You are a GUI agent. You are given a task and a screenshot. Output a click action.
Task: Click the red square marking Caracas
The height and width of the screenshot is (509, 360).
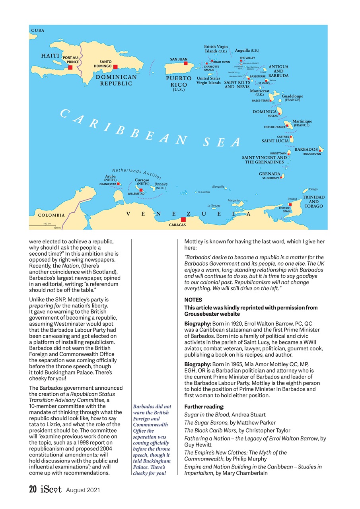pyautogui.click(x=183, y=219)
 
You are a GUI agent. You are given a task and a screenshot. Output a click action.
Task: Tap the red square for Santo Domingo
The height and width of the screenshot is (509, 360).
pyautogui.click(x=115, y=67)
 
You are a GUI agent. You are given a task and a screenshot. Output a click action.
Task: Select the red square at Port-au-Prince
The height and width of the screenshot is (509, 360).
pyautogui.click(x=70, y=68)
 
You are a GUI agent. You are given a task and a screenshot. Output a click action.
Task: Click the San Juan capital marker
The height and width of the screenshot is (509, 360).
pyautogui.click(x=185, y=63)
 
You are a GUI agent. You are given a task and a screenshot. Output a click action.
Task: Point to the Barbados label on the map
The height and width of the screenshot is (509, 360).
pyautogui.click(x=306, y=149)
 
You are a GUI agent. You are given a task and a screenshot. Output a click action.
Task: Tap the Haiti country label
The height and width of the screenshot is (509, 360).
pyautogui.click(x=50, y=56)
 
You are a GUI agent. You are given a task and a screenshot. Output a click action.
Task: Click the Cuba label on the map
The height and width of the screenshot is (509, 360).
pyautogui.click(x=38, y=30)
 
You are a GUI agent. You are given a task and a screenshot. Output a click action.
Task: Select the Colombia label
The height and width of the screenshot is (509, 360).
pyautogui.click(x=51, y=215)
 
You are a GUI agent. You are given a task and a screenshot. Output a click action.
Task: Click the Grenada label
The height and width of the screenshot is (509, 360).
pyautogui.click(x=269, y=174)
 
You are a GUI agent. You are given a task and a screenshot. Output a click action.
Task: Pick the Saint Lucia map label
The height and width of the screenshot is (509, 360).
pyautogui.click(x=275, y=141)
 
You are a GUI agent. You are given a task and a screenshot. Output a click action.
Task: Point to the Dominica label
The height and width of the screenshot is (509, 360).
pyautogui.click(x=265, y=112)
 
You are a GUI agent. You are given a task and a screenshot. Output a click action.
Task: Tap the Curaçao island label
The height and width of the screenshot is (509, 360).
pyautogui.click(x=142, y=180)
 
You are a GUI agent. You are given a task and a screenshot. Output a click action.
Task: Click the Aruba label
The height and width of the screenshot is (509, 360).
pyautogui.click(x=110, y=176)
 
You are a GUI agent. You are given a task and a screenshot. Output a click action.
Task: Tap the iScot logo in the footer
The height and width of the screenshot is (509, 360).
pyautogui.click(x=51, y=490)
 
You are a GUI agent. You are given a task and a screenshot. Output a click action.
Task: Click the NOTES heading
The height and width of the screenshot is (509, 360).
pyautogui.click(x=193, y=300)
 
